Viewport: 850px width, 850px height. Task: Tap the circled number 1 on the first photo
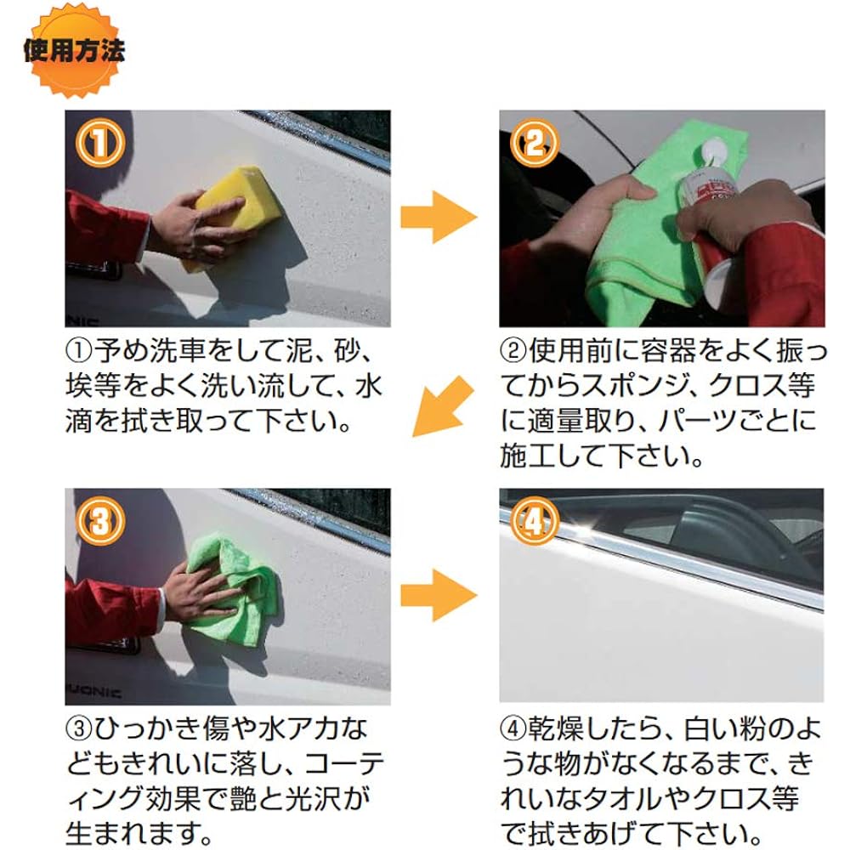pyautogui.click(x=100, y=143)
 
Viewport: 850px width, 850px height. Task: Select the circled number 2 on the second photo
pyautogui.click(x=534, y=143)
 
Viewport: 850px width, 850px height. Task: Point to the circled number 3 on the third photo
pyautogui.click(x=100, y=522)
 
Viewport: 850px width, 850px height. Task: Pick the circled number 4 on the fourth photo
pyautogui.click(x=534, y=522)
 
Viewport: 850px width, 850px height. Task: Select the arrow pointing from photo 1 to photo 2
pyautogui.click(x=439, y=217)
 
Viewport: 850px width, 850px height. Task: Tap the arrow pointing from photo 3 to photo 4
pyautogui.click(x=439, y=595)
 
